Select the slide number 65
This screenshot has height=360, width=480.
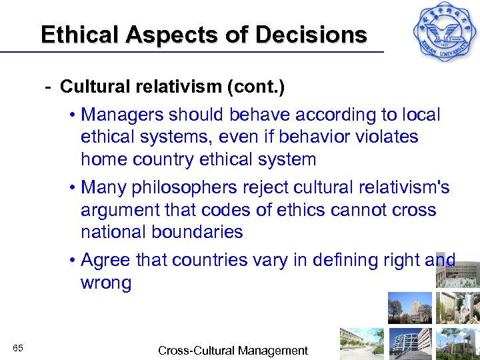[x=18, y=348]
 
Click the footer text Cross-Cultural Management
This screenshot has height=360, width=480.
[x=233, y=350]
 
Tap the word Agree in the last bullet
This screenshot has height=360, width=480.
[x=105, y=260]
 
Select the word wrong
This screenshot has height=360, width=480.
[x=106, y=283]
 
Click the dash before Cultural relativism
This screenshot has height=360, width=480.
[x=48, y=87]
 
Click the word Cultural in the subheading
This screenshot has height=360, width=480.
[x=93, y=87]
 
